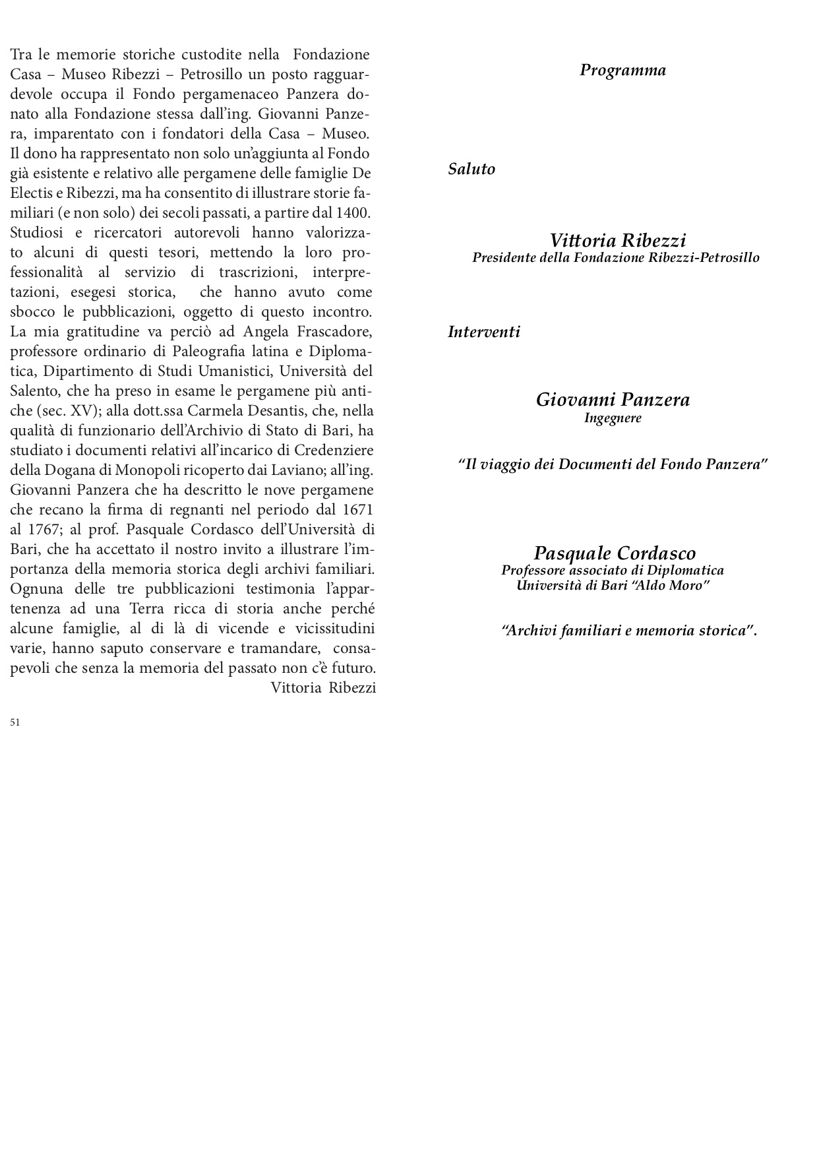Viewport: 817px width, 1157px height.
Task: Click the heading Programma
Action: coord(622,71)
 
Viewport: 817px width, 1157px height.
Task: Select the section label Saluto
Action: coord(471,169)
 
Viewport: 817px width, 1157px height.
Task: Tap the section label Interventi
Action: coord(483,332)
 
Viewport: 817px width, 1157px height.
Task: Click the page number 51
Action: coord(15,722)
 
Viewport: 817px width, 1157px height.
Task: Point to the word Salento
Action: coord(34,391)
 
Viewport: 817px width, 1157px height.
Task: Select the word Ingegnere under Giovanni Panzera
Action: coord(613,418)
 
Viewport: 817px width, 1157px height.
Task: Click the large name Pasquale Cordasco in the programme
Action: coord(615,553)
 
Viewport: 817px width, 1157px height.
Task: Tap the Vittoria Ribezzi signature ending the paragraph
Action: coord(323,688)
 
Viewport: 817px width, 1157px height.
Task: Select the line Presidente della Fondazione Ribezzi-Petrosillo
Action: coord(615,257)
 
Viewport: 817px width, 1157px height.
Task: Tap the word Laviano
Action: coord(291,470)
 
